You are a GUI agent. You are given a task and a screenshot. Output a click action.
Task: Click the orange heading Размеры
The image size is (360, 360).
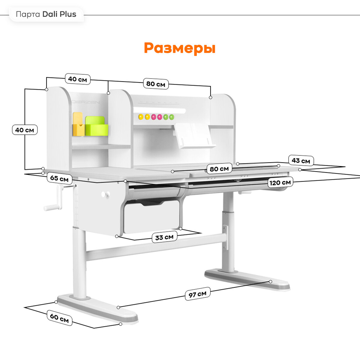pos(179,48)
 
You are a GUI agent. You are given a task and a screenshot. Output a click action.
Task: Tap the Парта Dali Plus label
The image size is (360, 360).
pos(46,14)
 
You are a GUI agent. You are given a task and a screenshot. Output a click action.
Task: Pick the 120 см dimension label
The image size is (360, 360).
pos(280,182)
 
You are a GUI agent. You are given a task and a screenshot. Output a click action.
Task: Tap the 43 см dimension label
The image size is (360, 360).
pos(301,161)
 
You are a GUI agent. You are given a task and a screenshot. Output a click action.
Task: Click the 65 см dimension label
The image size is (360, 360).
pos(59,178)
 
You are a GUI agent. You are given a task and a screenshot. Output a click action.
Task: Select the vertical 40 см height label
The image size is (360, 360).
pos(25,130)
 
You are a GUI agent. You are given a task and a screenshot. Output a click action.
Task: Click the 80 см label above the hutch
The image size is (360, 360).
pos(155,84)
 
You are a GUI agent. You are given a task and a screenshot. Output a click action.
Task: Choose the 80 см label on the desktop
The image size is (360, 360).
pos(219,169)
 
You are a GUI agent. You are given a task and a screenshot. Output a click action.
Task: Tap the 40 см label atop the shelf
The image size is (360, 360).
pos(77,79)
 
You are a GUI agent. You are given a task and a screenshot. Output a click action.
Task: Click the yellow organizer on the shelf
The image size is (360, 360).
pos(78,124)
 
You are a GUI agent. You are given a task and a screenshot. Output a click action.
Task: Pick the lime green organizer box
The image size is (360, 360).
pos(96,127)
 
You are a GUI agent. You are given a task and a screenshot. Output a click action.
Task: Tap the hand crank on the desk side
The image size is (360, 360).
pos(57,198)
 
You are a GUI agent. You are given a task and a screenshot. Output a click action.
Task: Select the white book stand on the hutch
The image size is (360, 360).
pos(193,136)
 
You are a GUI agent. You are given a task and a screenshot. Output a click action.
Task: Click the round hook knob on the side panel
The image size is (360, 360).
pos(104,194)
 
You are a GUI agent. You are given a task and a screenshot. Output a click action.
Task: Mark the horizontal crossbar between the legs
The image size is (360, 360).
pos(156,247)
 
